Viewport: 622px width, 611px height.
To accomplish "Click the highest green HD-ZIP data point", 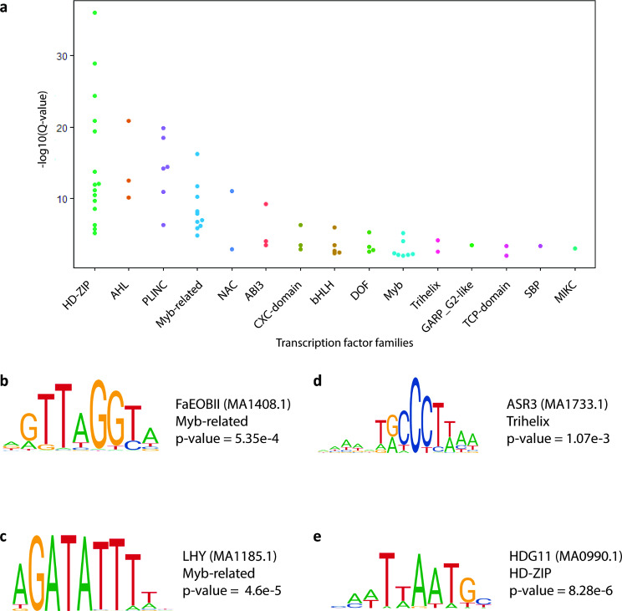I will click(94, 13).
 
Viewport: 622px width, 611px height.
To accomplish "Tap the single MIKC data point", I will click(574, 248).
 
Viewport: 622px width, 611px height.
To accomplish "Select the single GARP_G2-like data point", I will click(472, 245).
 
